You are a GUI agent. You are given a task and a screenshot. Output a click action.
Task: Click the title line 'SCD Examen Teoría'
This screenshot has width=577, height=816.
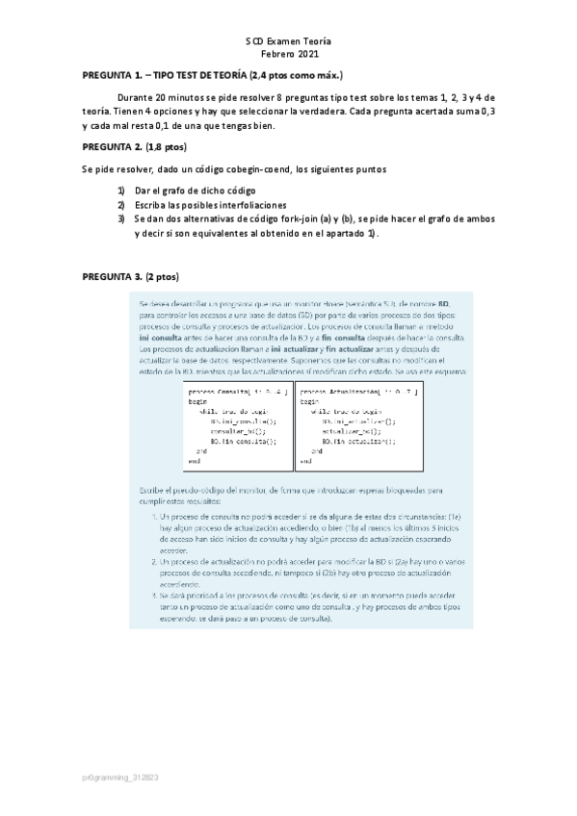(288, 43)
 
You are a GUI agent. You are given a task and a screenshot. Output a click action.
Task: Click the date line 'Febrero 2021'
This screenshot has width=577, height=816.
(288, 57)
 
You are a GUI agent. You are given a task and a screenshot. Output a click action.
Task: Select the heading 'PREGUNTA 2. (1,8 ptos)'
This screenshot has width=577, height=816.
(135, 146)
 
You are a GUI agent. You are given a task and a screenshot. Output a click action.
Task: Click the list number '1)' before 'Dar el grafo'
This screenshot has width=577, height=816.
(121, 191)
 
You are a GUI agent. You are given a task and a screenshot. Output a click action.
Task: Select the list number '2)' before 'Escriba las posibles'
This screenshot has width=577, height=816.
(121, 205)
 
